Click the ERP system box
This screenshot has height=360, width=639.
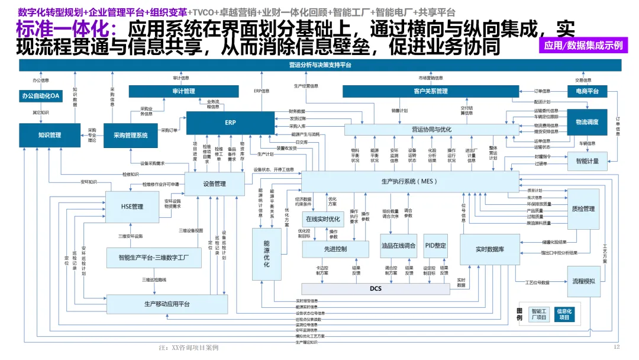pyautogui.click(x=230, y=123)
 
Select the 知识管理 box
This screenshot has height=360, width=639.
pyautogui.click(x=50, y=136)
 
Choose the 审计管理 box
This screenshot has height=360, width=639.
pyautogui.click(x=184, y=91)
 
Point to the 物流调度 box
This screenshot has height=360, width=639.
pyautogui.click(x=587, y=122)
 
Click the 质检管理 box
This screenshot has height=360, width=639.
pyautogui.click(x=583, y=209)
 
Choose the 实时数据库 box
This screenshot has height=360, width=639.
pyautogui.click(x=489, y=249)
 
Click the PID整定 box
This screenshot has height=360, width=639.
pyautogui.click(x=435, y=246)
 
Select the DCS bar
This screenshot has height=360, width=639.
pyautogui.click(x=376, y=289)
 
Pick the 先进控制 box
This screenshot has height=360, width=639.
pyautogui.click(x=335, y=249)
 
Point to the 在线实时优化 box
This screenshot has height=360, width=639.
pyautogui.click(x=323, y=218)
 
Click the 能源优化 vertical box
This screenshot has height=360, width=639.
pyautogui.click(x=266, y=254)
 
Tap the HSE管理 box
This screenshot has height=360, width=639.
pyautogui.click(x=132, y=207)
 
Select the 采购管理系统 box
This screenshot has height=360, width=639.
pyautogui.click(x=131, y=136)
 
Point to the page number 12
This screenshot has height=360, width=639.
pyautogui.click(x=617, y=347)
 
